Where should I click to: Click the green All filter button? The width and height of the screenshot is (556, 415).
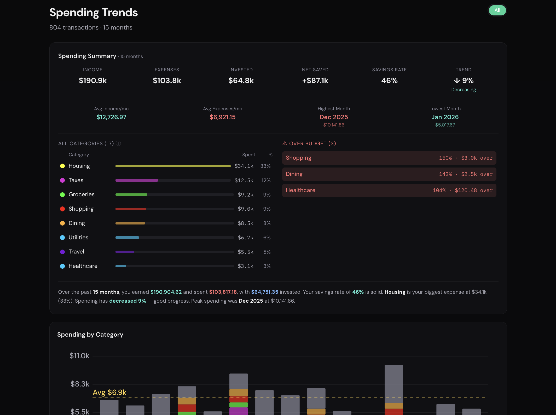[497, 10]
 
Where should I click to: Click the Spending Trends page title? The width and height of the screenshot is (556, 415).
[94, 13]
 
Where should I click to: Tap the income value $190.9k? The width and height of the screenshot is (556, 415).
[93, 80]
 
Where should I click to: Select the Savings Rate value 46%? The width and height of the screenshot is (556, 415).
[389, 80]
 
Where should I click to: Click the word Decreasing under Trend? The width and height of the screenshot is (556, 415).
[463, 90]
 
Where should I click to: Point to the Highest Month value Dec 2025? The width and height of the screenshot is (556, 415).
[334, 117]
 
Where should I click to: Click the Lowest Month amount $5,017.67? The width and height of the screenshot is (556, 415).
[445, 125]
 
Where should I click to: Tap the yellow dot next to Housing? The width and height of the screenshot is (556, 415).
[62, 166]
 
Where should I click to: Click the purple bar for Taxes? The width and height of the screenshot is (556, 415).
[137, 180]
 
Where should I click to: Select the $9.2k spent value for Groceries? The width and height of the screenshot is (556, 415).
[245, 195]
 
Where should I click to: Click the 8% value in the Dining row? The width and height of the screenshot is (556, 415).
[267, 223]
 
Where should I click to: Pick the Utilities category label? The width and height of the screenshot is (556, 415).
[78, 237]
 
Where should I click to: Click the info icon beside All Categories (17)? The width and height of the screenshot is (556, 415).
[118, 143]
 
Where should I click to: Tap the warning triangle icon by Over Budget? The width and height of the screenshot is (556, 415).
[285, 143]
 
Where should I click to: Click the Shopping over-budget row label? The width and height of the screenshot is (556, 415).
[298, 158]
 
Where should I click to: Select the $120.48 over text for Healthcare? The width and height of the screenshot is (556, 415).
[473, 190]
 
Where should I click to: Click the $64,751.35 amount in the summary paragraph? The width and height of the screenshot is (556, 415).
[264, 292]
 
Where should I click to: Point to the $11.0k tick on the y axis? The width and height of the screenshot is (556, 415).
[79, 356]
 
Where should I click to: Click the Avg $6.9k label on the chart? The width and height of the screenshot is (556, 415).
[109, 392]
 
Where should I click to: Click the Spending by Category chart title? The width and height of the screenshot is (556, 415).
[90, 335]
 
